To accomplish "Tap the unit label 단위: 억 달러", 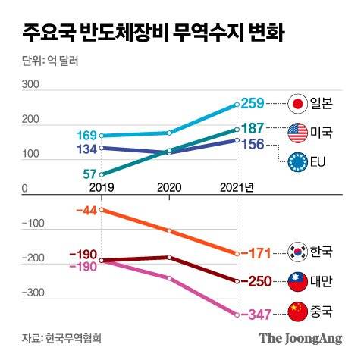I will (x=46, y=63).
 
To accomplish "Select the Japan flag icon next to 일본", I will (x=297, y=102).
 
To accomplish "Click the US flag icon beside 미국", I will (x=297, y=133).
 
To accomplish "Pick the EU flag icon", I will (x=297, y=161).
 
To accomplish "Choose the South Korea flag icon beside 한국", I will (x=297, y=252).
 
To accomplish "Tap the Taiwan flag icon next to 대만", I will (x=297, y=280).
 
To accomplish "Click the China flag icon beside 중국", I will (x=297, y=310).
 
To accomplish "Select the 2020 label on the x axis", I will (x=170, y=187).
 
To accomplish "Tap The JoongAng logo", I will (x=301, y=338).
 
